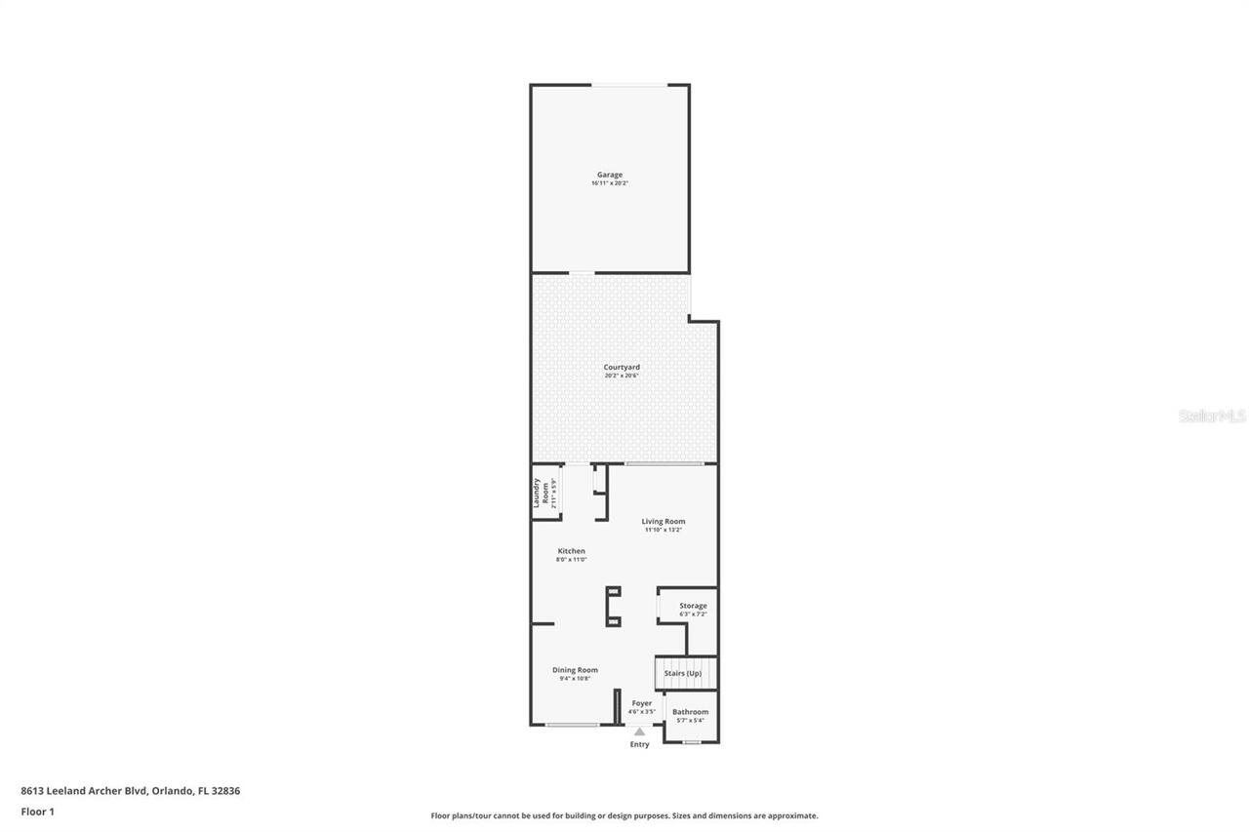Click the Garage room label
[610, 175]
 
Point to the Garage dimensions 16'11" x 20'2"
[610, 183]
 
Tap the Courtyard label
[622, 367]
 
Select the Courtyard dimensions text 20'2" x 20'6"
[622, 376]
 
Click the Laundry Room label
[537, 493]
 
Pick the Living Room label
[663, 521]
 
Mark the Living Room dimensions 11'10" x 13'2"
[663, 530]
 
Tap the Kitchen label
[571, 551]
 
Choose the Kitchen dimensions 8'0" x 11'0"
[571, 560]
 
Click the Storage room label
[693, 606]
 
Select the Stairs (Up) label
[682, 673]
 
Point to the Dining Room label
[575, 669]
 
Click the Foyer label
[641, 703]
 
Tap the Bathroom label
[690, 712]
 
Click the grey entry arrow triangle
[639, 732]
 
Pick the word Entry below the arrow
[639, 744]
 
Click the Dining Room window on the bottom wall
[572, 725]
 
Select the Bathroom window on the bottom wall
[691, 742]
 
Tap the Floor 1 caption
[37, 812]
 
